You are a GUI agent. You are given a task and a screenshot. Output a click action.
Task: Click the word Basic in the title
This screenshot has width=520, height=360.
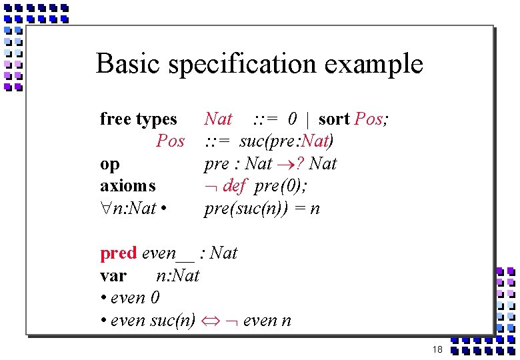pos(129,64)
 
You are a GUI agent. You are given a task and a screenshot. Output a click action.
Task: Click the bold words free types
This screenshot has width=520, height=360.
pos(138,119)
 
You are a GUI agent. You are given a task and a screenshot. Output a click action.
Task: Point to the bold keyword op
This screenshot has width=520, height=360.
pos(110,165)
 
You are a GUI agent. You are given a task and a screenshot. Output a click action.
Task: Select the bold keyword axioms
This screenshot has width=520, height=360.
pos(127,186)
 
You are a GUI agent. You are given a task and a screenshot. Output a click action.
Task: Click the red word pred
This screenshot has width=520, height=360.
pos(119,253)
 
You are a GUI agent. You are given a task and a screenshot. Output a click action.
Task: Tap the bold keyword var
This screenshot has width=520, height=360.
pos(113,275)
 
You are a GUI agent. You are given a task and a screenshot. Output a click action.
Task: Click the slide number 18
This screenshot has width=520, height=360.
pos(437,349)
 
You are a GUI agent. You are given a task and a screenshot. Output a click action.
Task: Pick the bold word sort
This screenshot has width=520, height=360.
pos(334,119)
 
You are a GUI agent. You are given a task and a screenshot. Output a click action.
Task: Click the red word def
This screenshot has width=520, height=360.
pos(235,186)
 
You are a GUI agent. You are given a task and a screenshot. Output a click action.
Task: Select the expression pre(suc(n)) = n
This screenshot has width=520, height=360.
pos(261,209)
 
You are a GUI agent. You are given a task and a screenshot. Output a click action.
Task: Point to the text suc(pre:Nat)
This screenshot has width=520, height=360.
pos(287,141)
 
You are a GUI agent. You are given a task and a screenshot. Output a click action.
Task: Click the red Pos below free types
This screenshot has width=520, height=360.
pos(170,141)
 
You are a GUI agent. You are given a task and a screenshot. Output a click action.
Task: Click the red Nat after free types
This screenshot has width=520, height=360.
pos(218,119)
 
